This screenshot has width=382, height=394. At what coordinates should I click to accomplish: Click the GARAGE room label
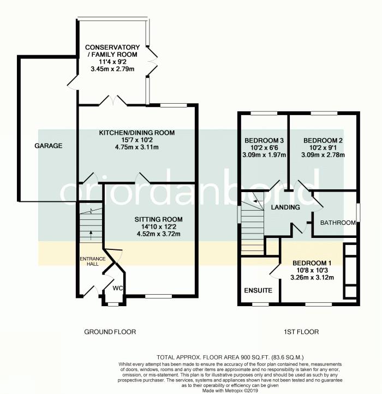coord(48,146)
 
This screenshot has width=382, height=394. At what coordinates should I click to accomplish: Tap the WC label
coord(118,288)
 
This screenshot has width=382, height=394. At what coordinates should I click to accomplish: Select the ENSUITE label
coord(258,290)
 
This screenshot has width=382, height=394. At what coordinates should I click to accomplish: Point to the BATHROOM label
coord(338,223)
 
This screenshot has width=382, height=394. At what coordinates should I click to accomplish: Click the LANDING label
coord(285,207)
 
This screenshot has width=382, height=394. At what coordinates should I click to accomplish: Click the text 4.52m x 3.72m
coord(158,234)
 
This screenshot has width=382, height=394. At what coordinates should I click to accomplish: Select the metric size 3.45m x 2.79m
coord(112,69)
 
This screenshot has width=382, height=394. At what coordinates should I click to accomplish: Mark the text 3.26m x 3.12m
coord(312,278)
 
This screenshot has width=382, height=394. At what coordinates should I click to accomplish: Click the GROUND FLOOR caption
coord(110,332)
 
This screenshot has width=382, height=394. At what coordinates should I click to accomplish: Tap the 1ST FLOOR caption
coord(301,332)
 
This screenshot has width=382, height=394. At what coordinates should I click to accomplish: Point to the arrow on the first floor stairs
coord(258,201)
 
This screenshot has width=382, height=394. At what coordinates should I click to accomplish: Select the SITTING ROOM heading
coord(158,219)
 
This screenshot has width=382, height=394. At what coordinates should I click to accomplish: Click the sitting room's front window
coord(159,296)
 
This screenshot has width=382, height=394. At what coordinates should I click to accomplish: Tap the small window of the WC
coord(113,305)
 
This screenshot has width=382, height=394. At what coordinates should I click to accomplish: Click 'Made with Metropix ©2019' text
coord(230,391)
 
